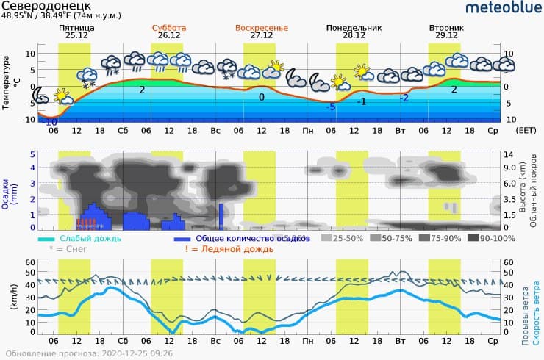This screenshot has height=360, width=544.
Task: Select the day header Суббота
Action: point(168,27)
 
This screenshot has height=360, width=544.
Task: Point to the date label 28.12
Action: point(354,35)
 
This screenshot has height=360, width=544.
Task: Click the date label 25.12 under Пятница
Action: point(76,35)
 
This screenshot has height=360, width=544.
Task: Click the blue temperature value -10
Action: point(51,121)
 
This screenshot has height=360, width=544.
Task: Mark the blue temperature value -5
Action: point(332,107)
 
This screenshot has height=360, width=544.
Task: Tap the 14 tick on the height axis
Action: point(507,154)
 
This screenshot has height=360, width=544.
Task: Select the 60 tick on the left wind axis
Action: point(30,262)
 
